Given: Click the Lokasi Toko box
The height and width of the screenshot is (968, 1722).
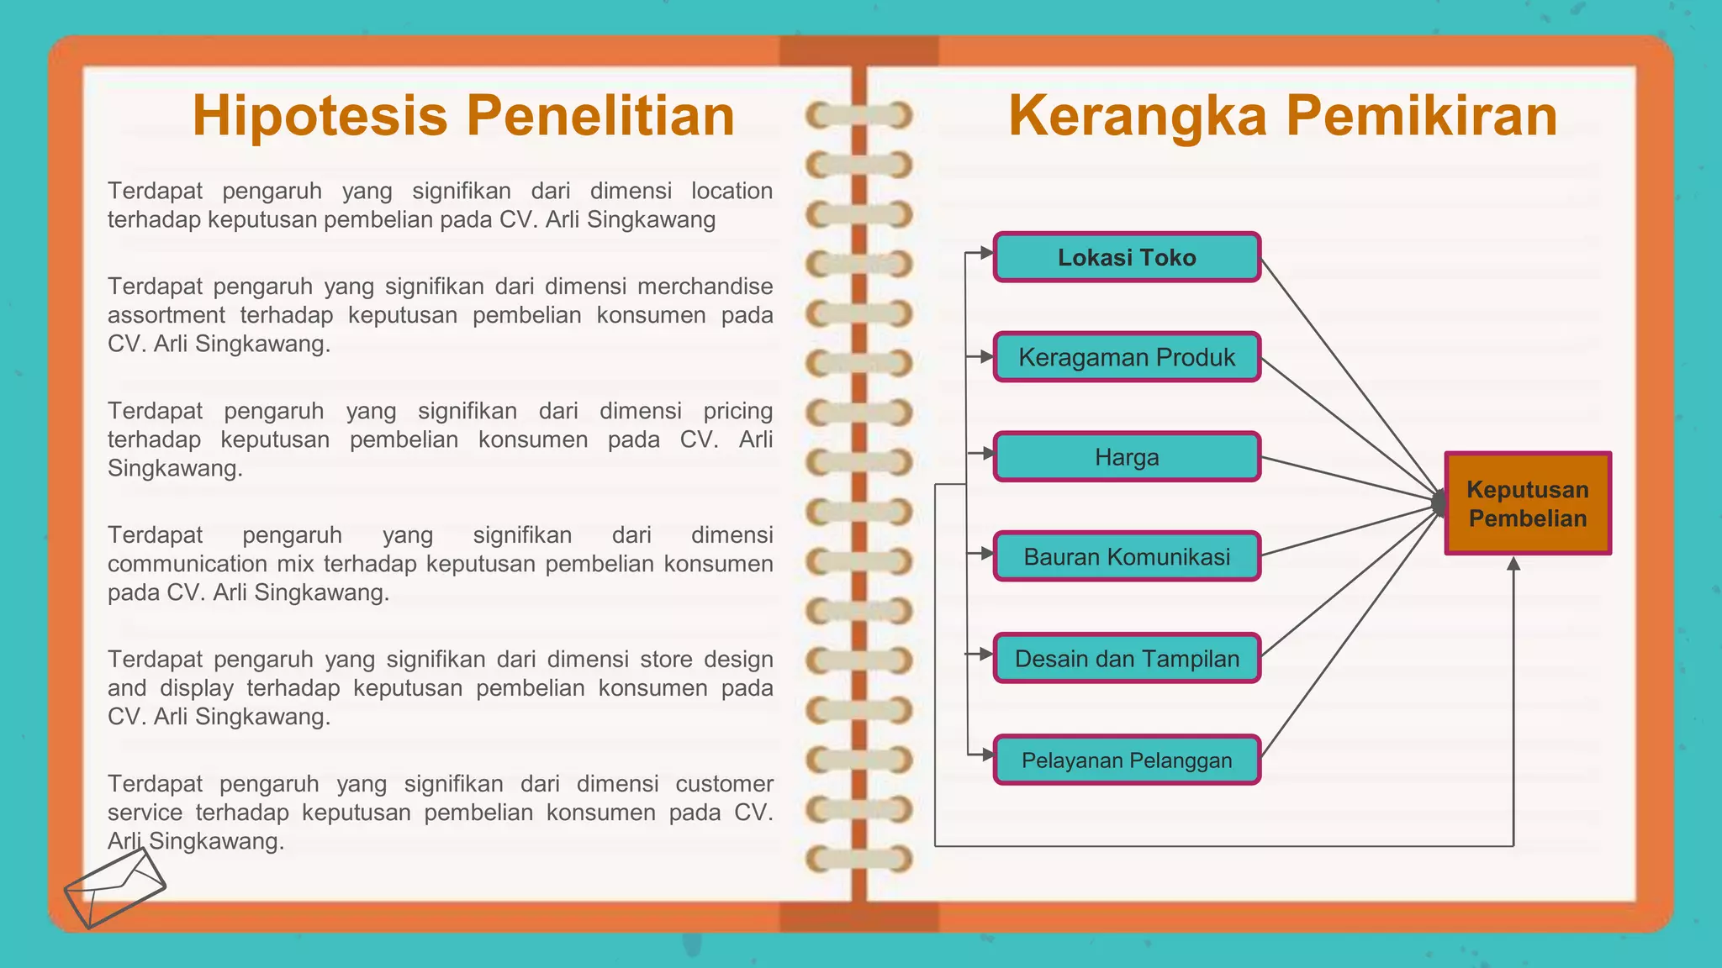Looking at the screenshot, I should [x=1127, y=257].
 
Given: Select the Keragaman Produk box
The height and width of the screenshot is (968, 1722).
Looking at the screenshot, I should [x=1127, y=357].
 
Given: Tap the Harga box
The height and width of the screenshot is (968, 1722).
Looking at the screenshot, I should [x=1127, y=457].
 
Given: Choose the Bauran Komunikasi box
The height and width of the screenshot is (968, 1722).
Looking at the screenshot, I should [x=1127, y=556].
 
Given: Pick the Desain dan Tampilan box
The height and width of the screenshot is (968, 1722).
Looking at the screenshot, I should [x=1127, y=658].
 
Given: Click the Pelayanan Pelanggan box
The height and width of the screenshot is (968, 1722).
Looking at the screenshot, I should [x=1127, y=760].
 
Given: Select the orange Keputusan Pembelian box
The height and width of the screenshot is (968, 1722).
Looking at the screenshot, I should [x=1527, y=503].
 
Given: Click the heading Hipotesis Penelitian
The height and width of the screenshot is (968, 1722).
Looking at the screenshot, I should [x=463, y=115].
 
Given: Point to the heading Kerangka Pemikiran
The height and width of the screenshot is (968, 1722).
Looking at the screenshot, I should [x=1282, y=115].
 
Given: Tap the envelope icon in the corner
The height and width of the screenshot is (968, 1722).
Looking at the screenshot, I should [x=114, y=887].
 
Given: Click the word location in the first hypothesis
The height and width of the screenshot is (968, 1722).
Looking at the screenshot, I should [x=732, y=192].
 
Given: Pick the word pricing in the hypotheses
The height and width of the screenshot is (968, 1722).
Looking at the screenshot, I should [x=737, y=411].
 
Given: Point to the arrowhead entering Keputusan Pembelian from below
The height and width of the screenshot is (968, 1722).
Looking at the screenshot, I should [x=1513, y=564].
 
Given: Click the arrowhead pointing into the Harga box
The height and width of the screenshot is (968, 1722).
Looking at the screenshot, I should [x=987, y=454].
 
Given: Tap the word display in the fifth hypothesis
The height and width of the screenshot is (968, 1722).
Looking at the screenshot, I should [x=197, y=688].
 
